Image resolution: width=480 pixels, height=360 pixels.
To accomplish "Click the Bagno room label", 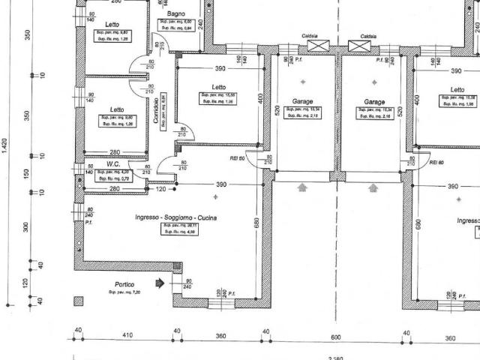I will click(177, 14).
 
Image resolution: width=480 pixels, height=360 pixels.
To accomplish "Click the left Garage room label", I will click(302, 101).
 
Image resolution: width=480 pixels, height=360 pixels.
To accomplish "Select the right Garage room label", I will click(374, 101).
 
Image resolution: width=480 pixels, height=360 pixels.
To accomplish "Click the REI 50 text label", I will click(238, 159).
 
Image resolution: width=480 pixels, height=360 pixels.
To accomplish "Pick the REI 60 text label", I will click(436, 162).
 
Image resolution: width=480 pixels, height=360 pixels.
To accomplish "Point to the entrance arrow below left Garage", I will click(303, 188).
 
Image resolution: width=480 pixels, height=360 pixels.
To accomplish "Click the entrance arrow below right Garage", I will click(373, 188).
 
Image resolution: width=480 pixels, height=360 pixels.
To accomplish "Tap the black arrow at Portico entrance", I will click(159, 283).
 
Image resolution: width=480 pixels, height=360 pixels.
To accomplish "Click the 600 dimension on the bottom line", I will click(336, 337).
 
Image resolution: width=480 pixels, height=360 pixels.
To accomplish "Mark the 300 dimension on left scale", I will click(27, 228).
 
